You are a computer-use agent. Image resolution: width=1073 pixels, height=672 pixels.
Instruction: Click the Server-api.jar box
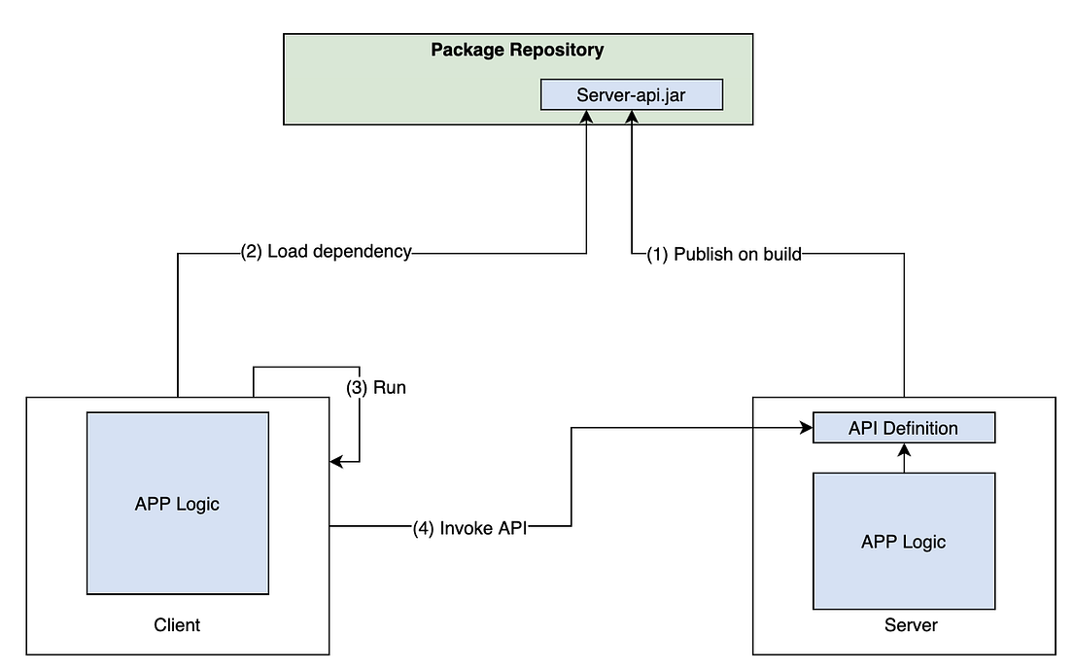632,94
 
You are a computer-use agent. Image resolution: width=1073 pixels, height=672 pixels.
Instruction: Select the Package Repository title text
517,50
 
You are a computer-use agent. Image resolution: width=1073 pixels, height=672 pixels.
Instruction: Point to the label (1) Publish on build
724,254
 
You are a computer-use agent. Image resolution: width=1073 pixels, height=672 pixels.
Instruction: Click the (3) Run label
376,387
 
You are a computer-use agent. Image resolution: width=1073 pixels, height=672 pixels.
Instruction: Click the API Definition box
903,428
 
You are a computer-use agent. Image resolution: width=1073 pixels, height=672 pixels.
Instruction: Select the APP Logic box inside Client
177,503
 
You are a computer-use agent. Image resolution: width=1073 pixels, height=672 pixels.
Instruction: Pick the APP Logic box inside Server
903,541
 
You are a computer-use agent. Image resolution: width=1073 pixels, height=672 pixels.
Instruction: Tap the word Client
177,624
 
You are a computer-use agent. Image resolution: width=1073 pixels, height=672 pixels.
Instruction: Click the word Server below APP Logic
911,624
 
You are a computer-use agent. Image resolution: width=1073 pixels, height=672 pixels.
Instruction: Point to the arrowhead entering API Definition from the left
807,428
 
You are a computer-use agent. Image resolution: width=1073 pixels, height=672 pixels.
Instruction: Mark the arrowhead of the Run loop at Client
336,462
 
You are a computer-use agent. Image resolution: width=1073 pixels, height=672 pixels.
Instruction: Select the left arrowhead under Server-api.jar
586,117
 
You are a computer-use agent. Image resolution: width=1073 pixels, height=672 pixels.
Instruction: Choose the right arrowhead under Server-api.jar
632,117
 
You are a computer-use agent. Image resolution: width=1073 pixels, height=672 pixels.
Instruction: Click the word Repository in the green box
558,50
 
